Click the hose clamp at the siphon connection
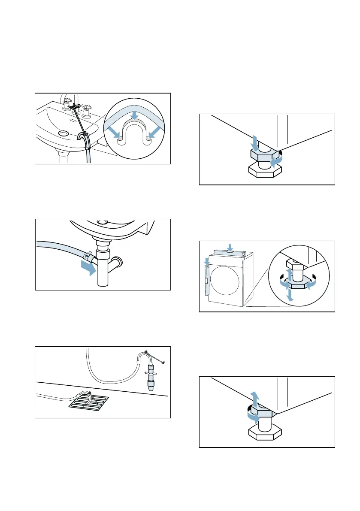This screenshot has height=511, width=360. (89, 256)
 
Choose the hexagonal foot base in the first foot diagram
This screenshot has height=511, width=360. (266, 170)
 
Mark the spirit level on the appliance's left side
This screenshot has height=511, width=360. (207, 280)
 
